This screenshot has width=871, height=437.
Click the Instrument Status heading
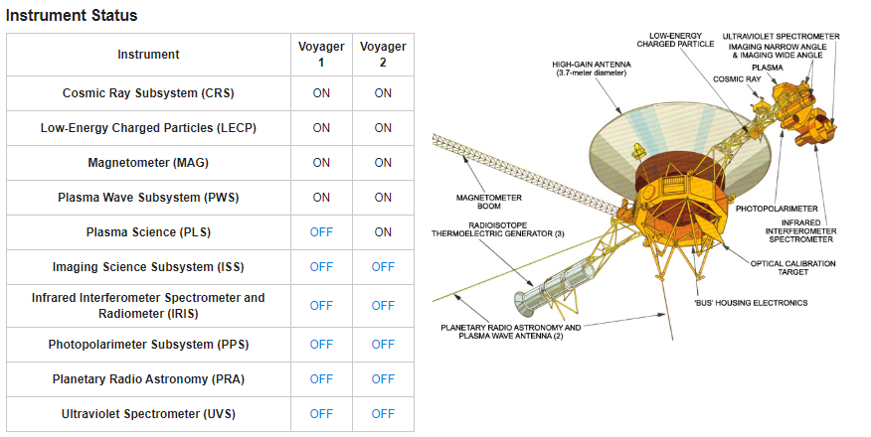point(72,15)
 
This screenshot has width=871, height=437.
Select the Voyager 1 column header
point(321,55)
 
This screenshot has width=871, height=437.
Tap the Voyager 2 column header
point(383,55)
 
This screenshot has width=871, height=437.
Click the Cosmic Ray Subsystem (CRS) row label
point(148,93)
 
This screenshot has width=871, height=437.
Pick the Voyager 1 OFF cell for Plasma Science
point(321,232)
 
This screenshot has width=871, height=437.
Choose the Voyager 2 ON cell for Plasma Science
point(383,232)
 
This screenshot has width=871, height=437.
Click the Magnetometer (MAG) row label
point(148,163)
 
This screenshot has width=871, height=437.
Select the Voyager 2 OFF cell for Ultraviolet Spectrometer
point(383,414)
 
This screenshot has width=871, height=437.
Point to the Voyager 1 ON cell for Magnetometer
point(321,163)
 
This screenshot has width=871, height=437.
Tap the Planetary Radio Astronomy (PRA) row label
point(148,379)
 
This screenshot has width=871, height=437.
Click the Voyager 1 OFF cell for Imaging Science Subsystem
point(321,267)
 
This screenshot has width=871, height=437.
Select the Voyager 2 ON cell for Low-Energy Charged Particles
point(383,128)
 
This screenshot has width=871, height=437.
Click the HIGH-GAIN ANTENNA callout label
point(591,69)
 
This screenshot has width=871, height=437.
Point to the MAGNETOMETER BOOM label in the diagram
point(489,202)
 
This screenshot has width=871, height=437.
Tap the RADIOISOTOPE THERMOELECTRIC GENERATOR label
point(498,229)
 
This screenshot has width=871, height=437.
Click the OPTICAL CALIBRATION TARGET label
point(792,268)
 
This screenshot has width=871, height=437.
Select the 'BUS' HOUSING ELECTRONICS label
point(751,303)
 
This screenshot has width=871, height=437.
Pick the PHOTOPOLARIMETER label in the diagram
point(777,210)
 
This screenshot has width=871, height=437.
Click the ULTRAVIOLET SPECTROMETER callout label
point(781,37)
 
